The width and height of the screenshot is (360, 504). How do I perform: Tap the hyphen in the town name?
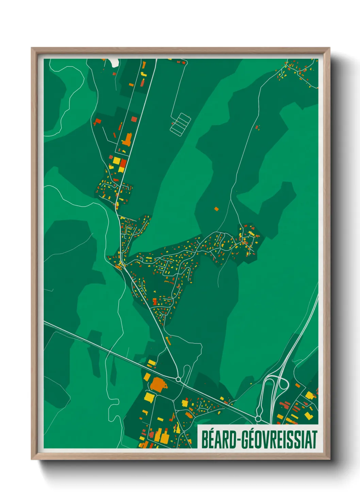[240, 440]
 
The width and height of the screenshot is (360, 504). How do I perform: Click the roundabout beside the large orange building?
[178, 379]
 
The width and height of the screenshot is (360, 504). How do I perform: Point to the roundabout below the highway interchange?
[258, 419]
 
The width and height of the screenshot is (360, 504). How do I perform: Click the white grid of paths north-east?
[180, 124]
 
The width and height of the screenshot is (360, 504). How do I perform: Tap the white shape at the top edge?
[114, 62]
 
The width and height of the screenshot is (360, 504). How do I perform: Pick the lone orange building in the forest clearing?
[216, 209]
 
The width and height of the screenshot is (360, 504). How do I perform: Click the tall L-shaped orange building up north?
[127, 140]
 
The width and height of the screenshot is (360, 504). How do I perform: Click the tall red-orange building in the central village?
[155, 302]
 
